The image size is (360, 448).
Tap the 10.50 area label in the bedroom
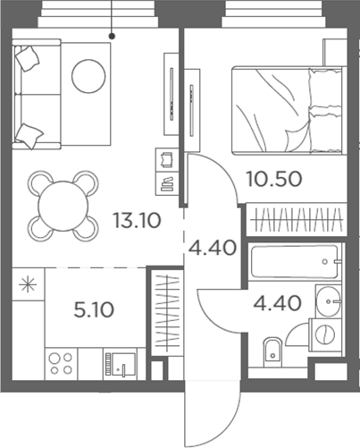pyautogui.click(x=276, y=178)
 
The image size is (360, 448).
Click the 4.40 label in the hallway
pyautogui.click(x=211, y=247)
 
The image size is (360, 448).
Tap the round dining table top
pyautogui.click(x=59, y=205)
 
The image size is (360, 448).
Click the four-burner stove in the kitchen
pyautogui.click(x=60, y=364)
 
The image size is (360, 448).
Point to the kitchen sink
pyautogui.click(x=119, y=364)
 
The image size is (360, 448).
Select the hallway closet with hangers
pyautogui.click(x=167, y=312)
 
